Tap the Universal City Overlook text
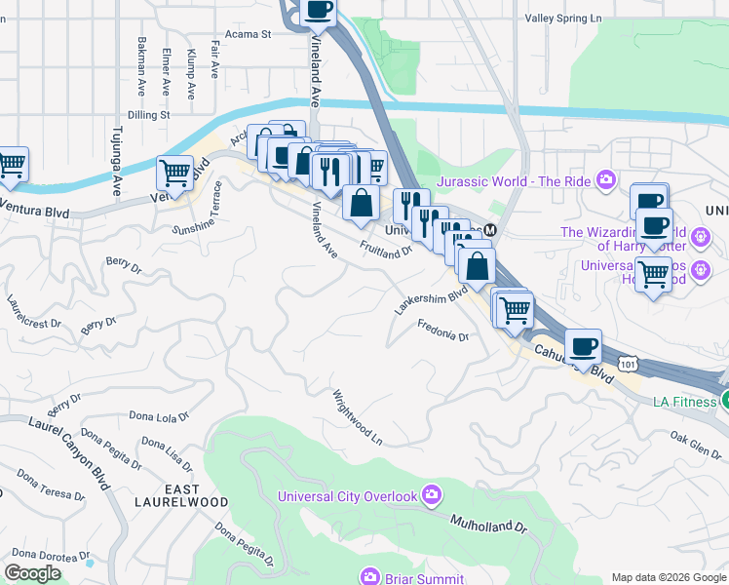tap(348, 496)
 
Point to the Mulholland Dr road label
tap(487, 525)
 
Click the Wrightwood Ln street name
tap(358, 418)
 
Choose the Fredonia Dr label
tap(443, 331)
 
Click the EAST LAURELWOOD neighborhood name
tap(195, 495)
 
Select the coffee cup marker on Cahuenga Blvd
tap(584, 347)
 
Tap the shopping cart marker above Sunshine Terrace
tap(174, 173)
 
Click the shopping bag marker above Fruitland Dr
tap(361, 204)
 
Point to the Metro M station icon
tap(490, 230)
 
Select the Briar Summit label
tap(414, 578)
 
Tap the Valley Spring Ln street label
tap(563, 18)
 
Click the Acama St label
tap(247, 33)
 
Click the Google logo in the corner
tap(32, 573)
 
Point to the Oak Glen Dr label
tap(694, 443)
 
